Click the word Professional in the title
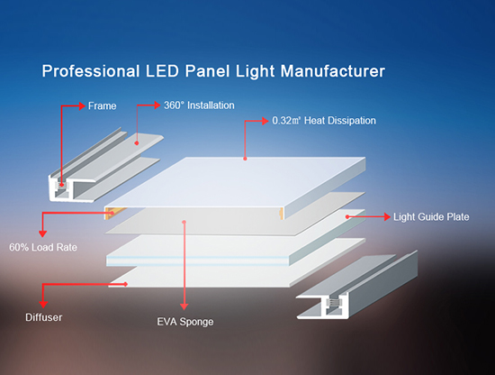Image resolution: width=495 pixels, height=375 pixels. (91, 71)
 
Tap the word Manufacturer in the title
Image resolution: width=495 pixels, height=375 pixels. (333, 71)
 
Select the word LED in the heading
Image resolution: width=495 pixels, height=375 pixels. (162, 71)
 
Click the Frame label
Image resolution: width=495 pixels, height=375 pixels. (102, 106)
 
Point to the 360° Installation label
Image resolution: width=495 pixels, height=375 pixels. (199, 105)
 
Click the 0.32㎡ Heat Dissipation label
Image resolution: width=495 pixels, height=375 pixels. (324, 121)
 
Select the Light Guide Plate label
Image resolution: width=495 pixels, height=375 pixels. (431, 217)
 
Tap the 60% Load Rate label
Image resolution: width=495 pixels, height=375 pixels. (43, 247)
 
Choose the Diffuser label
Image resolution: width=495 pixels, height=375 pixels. (43, 317)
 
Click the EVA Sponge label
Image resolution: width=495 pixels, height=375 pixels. (185, 322)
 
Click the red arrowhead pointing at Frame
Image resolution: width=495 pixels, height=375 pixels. (82, 105)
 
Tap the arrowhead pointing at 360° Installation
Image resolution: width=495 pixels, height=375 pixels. (157, 105)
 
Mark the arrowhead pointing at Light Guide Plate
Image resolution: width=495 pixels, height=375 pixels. (387, 216)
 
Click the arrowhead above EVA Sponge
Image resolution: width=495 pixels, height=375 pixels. (184, 306)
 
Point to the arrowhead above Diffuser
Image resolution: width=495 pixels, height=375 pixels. (43, 304)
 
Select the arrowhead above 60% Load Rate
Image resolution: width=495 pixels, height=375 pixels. (42, 233)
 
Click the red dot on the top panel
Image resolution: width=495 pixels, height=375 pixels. (245, 159)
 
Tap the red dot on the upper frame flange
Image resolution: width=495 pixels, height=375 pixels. (137, 143)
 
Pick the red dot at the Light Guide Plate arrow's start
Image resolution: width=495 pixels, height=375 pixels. (347, 217)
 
